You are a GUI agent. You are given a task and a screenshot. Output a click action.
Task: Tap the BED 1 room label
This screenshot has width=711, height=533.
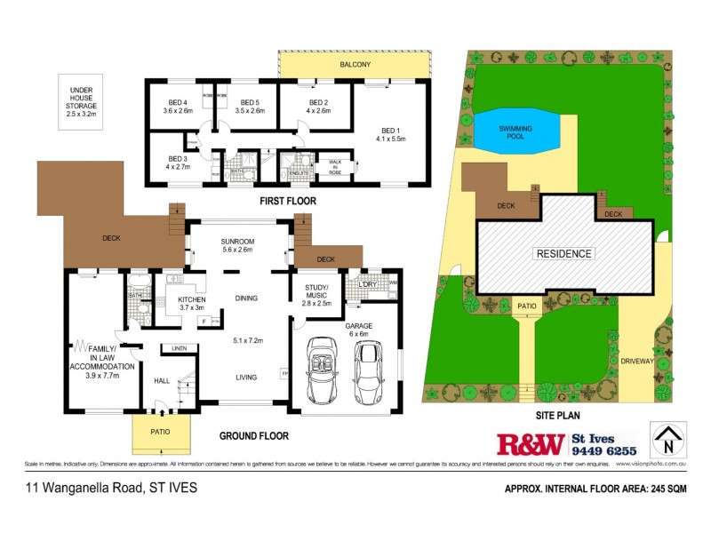391,133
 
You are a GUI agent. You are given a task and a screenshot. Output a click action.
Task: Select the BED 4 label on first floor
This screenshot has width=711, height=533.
178,106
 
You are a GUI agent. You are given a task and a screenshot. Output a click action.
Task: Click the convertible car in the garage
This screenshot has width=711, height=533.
321,369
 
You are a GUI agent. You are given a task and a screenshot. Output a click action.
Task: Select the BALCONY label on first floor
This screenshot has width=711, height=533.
354,66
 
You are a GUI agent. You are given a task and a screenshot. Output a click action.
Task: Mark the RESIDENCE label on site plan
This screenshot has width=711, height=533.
563,253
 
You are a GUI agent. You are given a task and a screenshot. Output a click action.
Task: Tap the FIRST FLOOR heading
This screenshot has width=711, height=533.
287,202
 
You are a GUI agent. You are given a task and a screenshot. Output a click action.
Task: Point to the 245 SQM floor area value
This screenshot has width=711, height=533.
674,488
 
